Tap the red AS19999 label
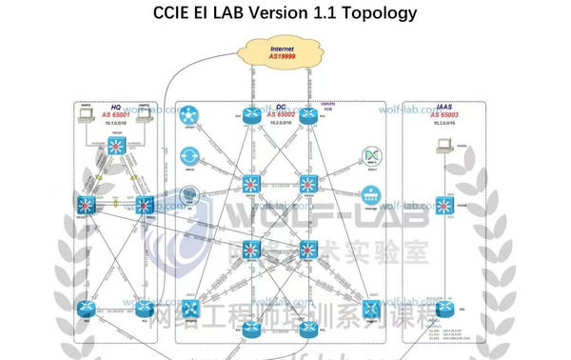(x=282, y=56)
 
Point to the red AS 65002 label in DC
(x=282, y=114)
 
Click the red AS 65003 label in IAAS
(x=442, y=114)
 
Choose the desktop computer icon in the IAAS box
(x=441, y=148)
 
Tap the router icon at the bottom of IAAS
(x=441, y=308)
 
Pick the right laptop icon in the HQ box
(x=146, y=116)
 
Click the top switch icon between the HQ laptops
(x=116, y=147)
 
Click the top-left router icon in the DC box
(x=252, y=115)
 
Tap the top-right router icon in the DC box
(x=307, y=115)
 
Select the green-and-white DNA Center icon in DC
(x=372, y=156)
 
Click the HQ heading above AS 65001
(x=116, y=108)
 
